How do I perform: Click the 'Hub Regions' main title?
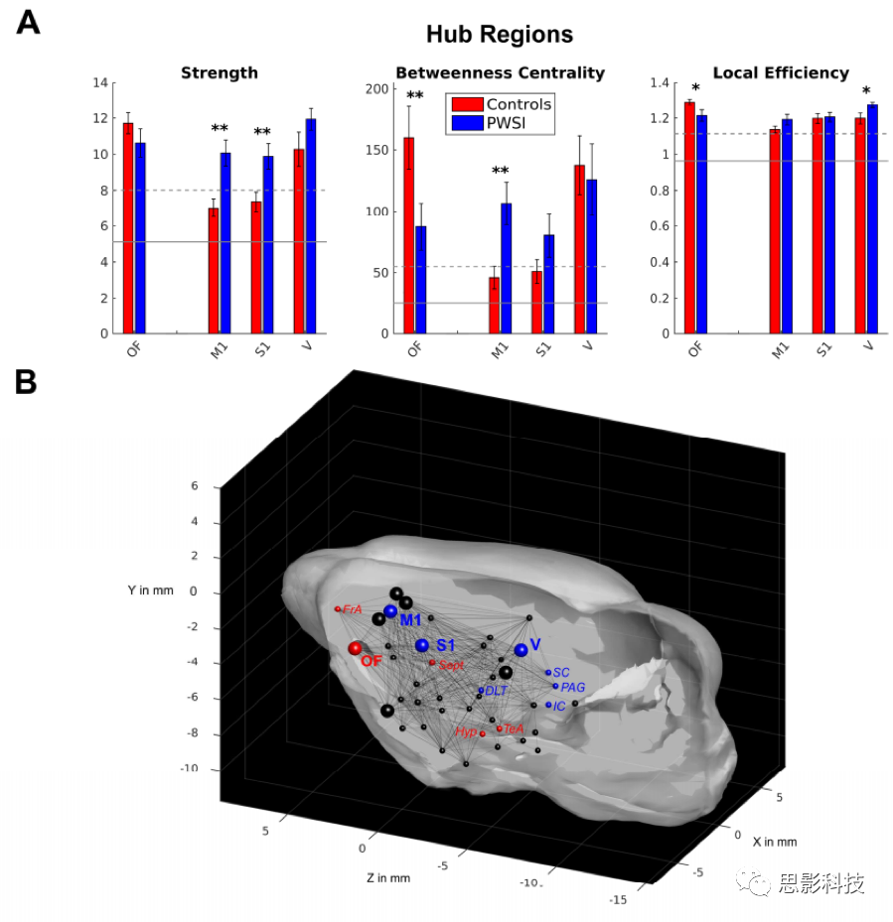(500, 34)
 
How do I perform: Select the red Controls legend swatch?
(468, 104)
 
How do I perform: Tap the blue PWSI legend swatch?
(468, 123)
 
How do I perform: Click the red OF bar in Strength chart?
(128, 228)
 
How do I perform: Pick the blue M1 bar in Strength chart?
(225, 243)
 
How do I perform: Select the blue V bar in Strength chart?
(311, 226)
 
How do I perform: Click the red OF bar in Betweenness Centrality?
(408, 236)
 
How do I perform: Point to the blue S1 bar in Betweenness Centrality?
(548, 284)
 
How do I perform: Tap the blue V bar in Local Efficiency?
(872, 219)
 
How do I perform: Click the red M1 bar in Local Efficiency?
(775, 231)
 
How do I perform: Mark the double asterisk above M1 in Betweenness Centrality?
(501, 171)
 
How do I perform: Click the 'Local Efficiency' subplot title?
(781, 72)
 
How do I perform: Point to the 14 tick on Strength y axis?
(100, 82)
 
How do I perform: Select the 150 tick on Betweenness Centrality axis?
(376, 150)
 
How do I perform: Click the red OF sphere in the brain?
(355, 648)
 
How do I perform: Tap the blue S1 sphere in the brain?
(422, 645)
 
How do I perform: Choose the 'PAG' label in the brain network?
(573, 688)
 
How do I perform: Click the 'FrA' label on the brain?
(352, 609)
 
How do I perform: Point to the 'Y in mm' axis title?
(151, 591)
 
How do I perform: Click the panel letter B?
(26, 382)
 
